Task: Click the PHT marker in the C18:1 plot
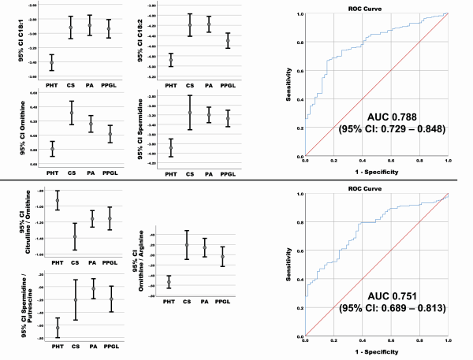(52, 63)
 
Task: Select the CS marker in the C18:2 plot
(189, 25)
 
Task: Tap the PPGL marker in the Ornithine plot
(109, 135)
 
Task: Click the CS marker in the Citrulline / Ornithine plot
(76, 236)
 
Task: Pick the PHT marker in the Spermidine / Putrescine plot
(58, 328)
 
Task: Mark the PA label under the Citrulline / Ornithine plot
(93, 262)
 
